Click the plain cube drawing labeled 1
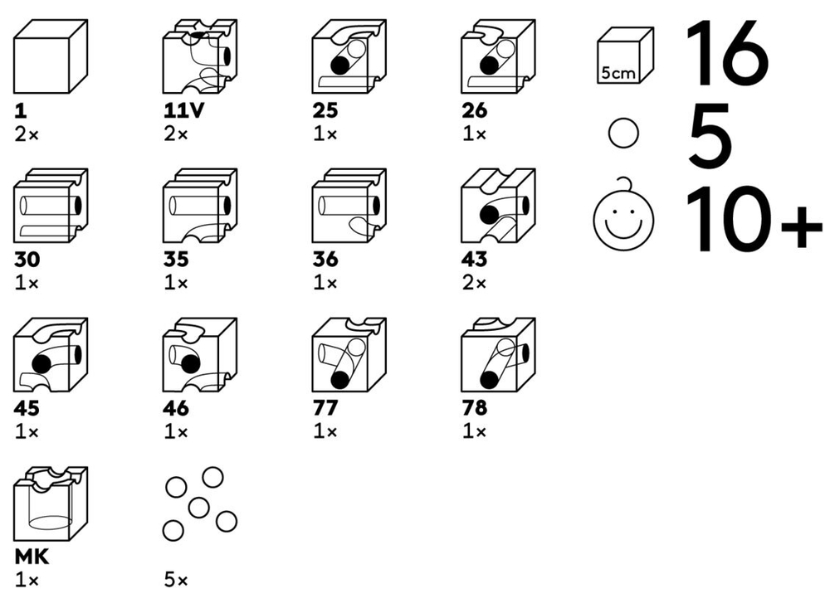tap(51, 56)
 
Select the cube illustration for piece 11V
tap(199, 56)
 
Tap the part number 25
tap(325, 110)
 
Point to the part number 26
tap(474, 110)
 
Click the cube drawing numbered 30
tap(51, 206)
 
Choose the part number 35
tap(176, 260)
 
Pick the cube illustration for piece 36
tap(349, 206)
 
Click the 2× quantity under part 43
tap(474, 283)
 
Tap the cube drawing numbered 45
tap(51, 354)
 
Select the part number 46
tap(176, 408)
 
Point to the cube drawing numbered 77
tap(349, 354)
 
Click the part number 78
tap(474, 408)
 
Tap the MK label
tap(32, 557)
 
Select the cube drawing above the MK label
tap(51, 503)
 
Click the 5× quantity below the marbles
tap(176, 581)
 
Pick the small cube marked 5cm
tap(625, 56)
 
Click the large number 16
tap(727, 53)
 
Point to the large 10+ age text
tap(754, 218)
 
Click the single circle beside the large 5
tap(623, 133)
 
